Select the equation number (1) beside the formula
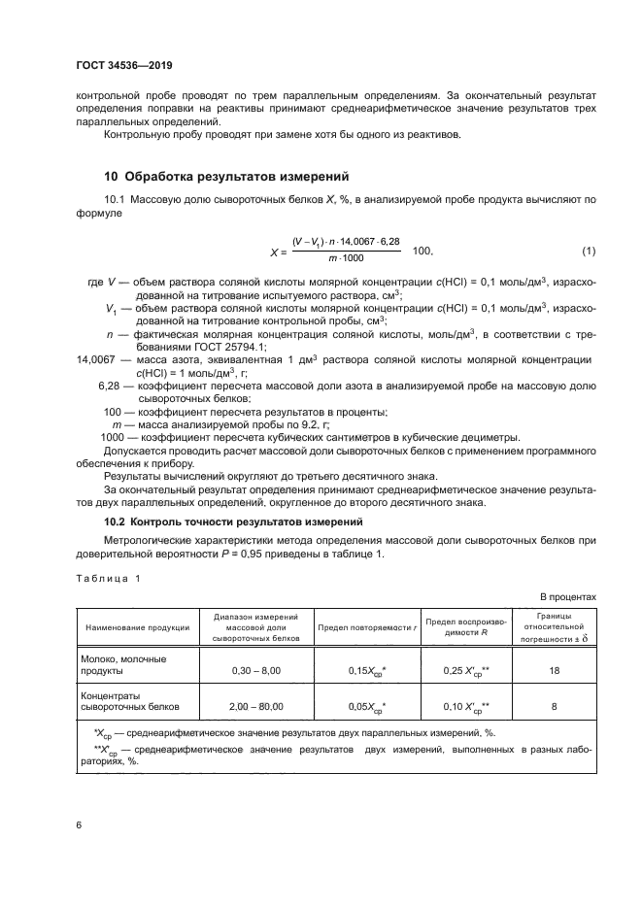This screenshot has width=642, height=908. coord(588,252)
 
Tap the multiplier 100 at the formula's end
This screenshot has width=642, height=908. coord(423,252)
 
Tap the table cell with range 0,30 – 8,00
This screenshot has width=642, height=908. coord(257,670)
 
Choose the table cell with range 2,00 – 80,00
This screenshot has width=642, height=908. coord(257,707)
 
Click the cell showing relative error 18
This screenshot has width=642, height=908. coord(554,670)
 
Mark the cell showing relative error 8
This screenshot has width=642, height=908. coord(554,707)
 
